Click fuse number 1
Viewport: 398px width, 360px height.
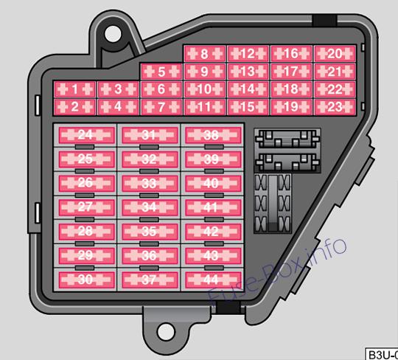tap(74, 89)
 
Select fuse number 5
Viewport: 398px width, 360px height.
tap(161, 72)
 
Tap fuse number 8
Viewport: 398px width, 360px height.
tap(205, 54)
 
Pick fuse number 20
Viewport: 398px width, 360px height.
tap(335, 54)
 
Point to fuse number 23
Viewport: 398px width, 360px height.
tap(335, 107)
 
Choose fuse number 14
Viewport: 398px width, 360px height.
tap(248, 89)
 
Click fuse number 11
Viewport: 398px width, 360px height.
tap(205, 107)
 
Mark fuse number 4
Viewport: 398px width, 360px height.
tap(118, 107)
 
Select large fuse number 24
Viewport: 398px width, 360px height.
tap(86, 135)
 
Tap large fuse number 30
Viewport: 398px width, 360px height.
tap(86, 280)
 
